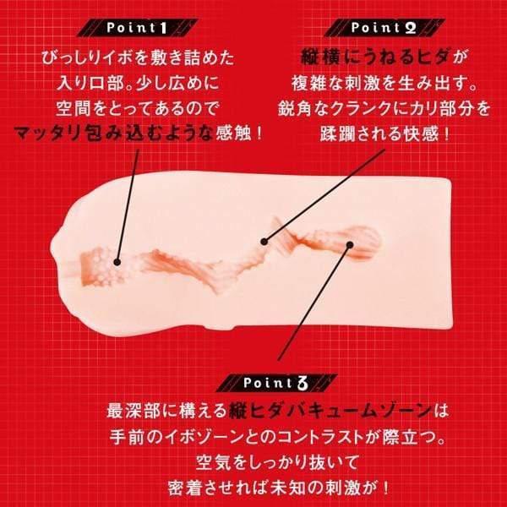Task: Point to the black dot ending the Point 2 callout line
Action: pos(264,241)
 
